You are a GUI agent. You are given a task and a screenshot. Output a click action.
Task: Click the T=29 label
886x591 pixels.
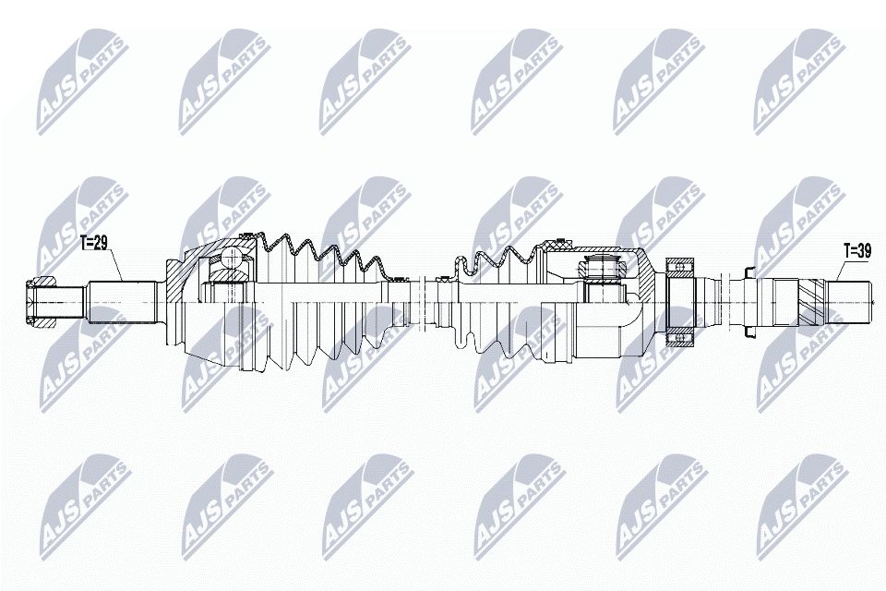[x=95, y=244]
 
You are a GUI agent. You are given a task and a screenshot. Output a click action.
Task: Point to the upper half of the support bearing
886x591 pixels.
[x=682, y=268]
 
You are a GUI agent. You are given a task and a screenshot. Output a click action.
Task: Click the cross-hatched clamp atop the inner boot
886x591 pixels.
[x=556, y=244]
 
